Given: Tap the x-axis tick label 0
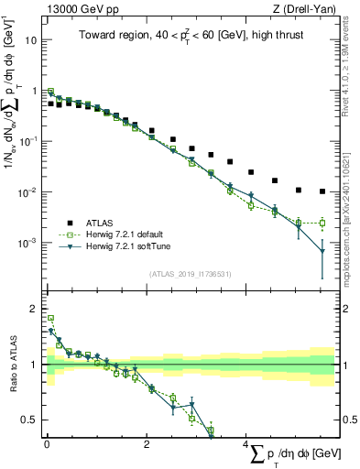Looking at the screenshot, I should pyautogui.click(x=47, y=445).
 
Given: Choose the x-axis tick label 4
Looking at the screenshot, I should pyautogui.click(x=246, y=445).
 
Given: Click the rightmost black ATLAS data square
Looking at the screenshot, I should pyautogui.click(x=322, y=191).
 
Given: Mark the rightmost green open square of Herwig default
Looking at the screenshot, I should pyautogui.click(x=322, y=223).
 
